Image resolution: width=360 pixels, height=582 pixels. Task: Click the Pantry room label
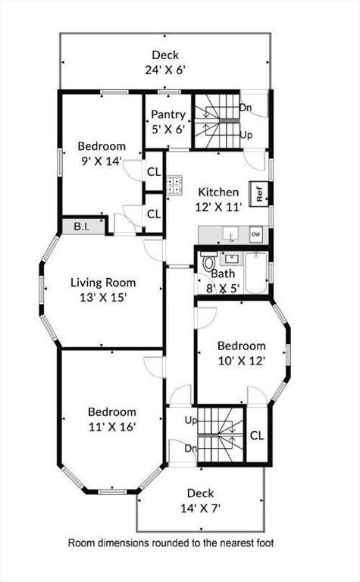(x=167, y=114)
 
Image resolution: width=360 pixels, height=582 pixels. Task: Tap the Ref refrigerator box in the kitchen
(x=259, y=193)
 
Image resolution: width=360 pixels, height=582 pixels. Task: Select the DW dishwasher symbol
(x=255, y=233)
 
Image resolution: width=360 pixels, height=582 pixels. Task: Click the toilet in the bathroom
(x=209, y=262)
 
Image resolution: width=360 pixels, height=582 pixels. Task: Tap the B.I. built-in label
(x=82, y=226)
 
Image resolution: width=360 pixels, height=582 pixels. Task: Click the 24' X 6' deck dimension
(x=164, y=69)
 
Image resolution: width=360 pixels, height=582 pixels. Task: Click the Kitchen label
(x=218, y=192)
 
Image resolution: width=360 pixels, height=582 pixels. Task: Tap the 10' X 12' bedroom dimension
(x=242, y=361)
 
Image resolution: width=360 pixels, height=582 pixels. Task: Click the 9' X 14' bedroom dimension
(x=102, y=160)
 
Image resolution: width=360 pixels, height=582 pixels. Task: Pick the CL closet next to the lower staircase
(x=256, y=436)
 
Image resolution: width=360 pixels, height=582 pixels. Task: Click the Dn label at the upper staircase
(x=246, y=108)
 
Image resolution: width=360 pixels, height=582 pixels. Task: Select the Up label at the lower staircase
(x=191, y=419)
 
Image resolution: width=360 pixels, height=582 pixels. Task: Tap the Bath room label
(x=223, y=274)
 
